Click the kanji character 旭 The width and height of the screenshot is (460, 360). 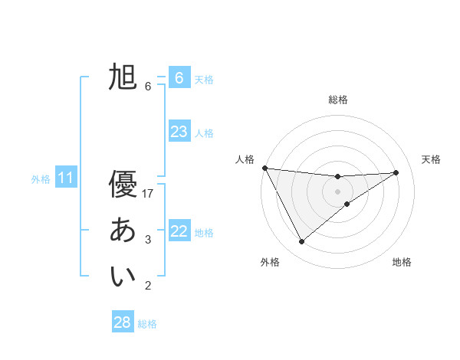tap(123, 77)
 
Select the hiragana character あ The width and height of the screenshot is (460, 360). tap(123, 231)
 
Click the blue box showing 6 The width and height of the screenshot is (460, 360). tap(179, 77)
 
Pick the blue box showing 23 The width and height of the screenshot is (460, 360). tap(179, 132)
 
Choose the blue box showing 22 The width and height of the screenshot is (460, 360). tap(179, 231)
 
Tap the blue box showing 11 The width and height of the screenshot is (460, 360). tap(65, 178)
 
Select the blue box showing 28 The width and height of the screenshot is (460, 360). tap(122, 322)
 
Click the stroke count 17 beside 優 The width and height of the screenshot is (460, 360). tap(148, 194)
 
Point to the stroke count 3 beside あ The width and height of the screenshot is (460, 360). tap(148, 240)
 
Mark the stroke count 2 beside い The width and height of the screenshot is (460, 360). tap(148, 286)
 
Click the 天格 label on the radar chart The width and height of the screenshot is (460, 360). tap(431, 159)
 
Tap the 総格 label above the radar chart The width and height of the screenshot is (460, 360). tap(338, 100)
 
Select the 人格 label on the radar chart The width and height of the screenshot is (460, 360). tap(245, 159)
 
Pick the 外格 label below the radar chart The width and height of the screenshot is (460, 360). tap(270, 262)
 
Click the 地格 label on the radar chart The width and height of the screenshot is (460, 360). tap(402, 262)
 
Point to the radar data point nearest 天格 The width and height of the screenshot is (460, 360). tap(396, 172)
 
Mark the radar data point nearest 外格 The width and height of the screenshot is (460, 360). tap(301, 241)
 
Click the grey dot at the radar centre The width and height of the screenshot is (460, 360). tap(337, 191)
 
